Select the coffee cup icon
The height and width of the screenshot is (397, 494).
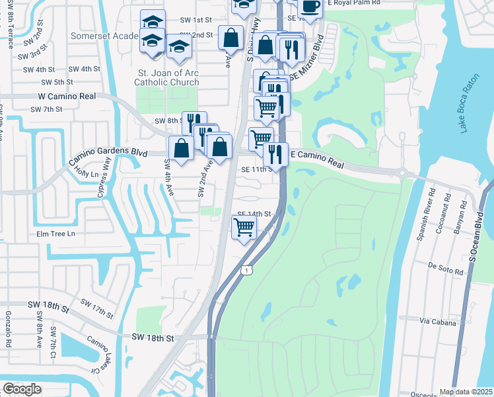[x=310, y=7]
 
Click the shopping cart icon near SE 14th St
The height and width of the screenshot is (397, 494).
[x=244, y=228]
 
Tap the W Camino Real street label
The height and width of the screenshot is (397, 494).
[x=63, y=96]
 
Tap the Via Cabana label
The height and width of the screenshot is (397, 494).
[x=437, y=321]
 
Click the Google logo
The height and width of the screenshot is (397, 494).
[x=22, y=388]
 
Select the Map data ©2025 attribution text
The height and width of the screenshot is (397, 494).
[x=466, y=392]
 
